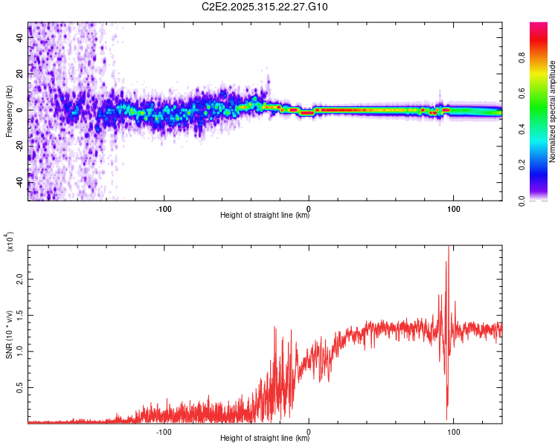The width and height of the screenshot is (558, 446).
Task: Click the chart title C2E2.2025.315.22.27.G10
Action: point(265,7)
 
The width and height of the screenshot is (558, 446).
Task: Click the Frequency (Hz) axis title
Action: point(10,111)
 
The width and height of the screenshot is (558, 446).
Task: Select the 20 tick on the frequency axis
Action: point(20,74)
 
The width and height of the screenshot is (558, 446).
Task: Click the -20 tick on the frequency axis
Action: point(19,146)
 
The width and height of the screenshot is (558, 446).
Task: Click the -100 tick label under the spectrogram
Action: point(164,207)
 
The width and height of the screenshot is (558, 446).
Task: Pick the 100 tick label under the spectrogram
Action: point(452,207)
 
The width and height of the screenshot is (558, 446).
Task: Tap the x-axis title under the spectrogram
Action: point(265,216)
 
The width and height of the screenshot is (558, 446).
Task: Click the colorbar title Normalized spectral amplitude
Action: point(553,111)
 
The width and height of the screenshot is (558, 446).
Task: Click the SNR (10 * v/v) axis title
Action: point(10,334)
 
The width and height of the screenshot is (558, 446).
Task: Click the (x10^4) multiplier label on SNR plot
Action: point(10,242)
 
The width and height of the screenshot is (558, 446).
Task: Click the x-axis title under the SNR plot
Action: point(265,438)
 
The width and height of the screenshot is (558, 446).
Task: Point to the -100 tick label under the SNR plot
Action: point(164,430)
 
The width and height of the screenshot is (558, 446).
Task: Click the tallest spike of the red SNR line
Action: point(448,248)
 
